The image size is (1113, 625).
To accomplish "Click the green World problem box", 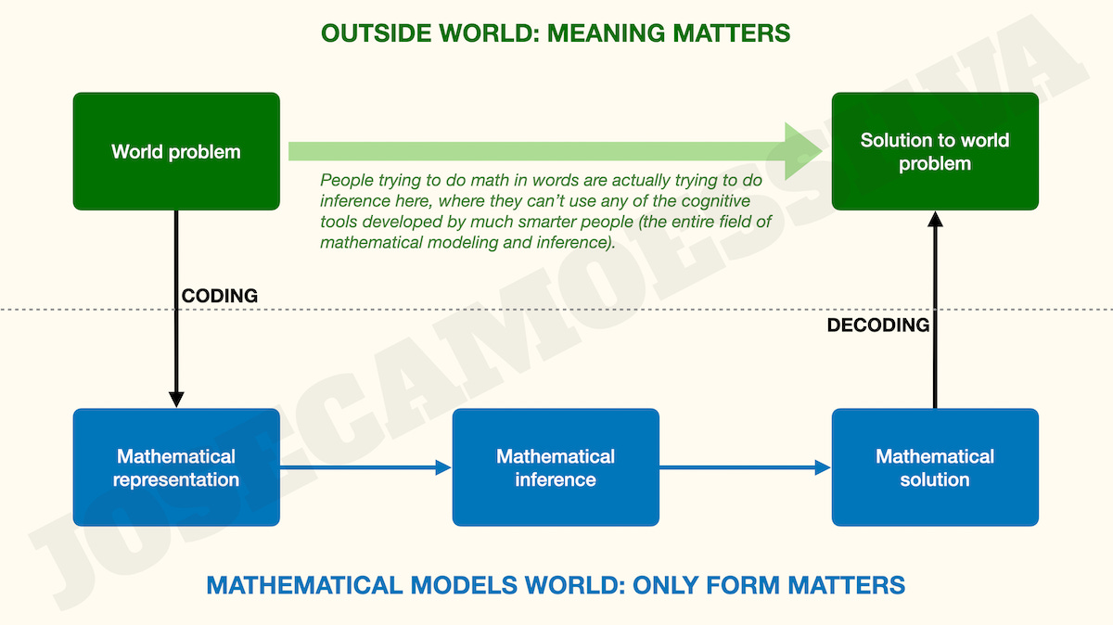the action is click(176, 151).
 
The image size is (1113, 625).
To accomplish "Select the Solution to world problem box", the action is click(935, 151).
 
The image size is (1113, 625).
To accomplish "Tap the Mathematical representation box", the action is click(176, 467).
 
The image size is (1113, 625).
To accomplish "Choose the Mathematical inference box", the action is click(556, 467).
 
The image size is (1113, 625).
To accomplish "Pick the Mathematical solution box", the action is click(935, 467).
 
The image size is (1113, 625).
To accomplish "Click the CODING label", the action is click(219, 296).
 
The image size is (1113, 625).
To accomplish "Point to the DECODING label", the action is click(877, 325).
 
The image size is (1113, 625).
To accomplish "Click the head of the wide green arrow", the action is click(803, 151).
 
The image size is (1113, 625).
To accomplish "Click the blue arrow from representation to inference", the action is click(365, 468).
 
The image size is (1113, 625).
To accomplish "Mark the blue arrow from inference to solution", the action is click(745, 468).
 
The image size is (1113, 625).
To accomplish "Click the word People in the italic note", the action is click(345, 181).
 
